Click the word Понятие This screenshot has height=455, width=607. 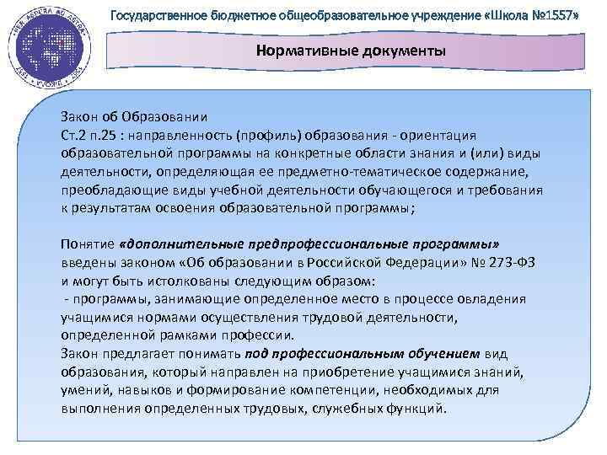[87, 244]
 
